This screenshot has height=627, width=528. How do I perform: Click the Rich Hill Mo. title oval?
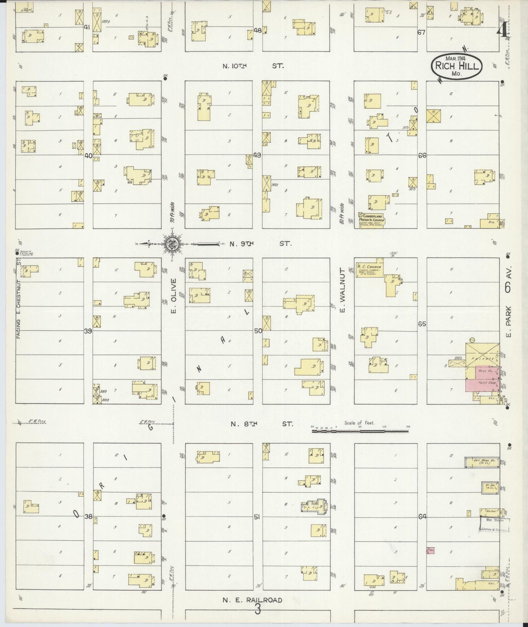tap(456, 66)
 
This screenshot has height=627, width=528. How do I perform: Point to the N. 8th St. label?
tap(262, 424)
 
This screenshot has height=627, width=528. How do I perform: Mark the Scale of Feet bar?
tap(360, 431)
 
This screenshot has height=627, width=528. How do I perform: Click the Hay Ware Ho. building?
tap(482, 462)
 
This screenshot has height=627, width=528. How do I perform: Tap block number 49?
tap(257, 155)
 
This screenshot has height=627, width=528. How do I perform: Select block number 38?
tap(88, 517)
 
